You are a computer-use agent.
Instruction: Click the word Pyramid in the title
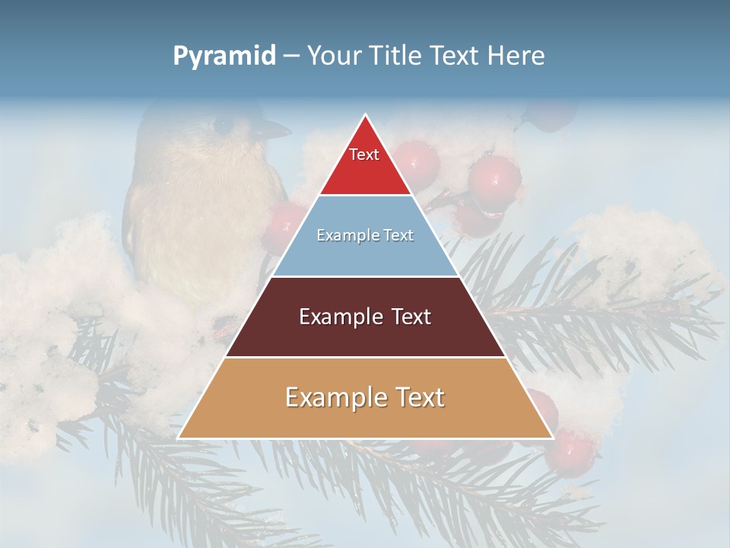[224, 56]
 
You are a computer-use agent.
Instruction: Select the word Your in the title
[332, 56]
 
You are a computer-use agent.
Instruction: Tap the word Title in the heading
[396, 56]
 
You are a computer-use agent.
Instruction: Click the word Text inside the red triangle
[364, 155]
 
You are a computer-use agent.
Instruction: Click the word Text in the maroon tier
[409, 317]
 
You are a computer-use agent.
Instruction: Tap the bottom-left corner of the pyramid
[179, 438]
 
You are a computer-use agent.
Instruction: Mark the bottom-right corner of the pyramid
[552, 438]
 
